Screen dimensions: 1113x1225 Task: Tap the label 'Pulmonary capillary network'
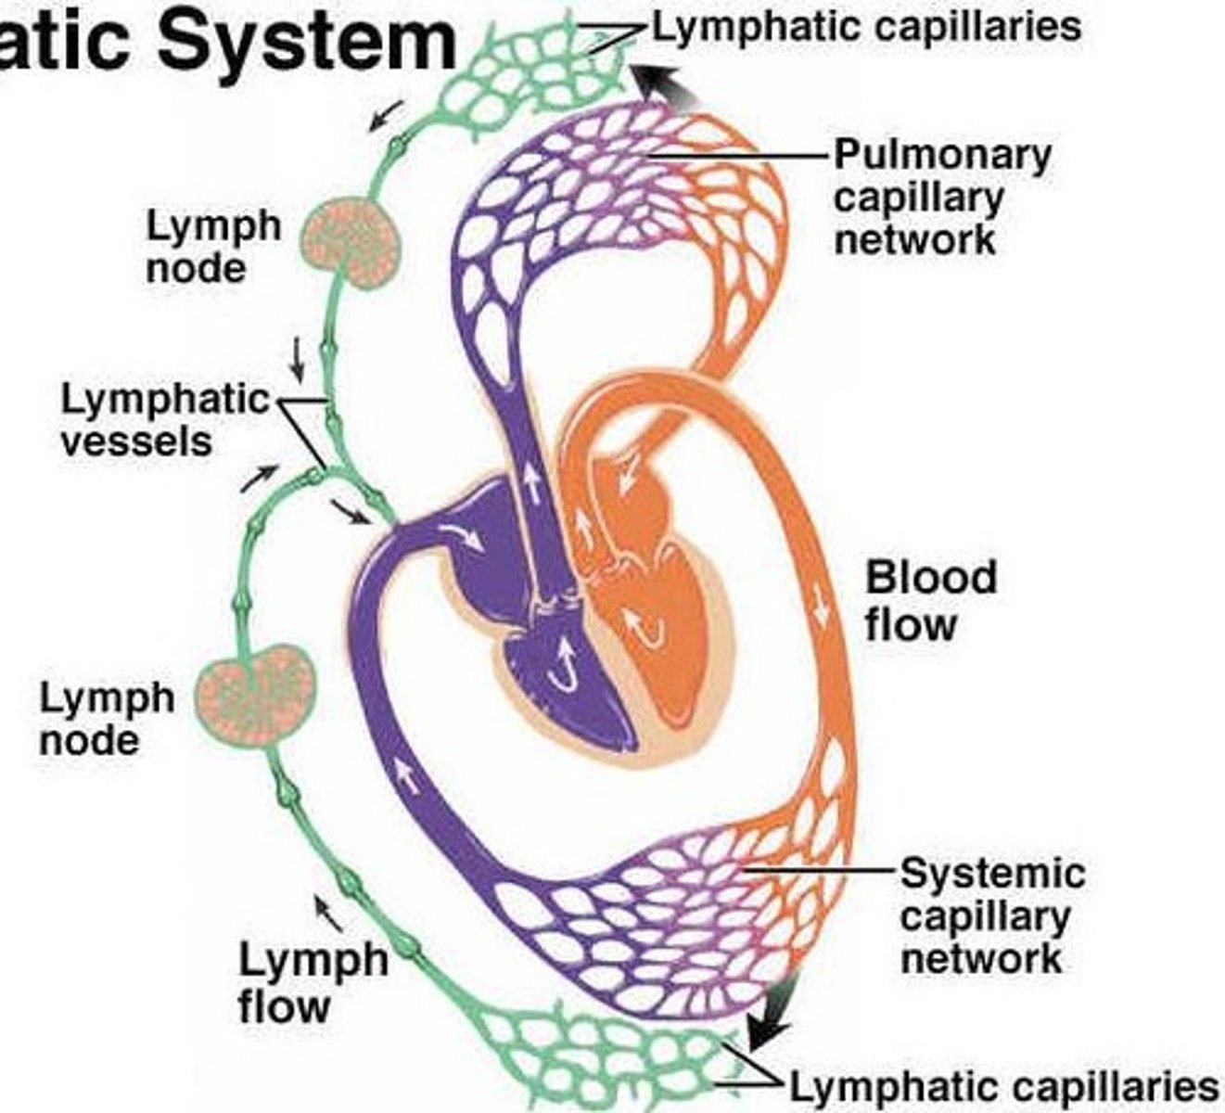tap(941, 197)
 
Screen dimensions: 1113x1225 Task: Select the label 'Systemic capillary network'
tap(991, 915)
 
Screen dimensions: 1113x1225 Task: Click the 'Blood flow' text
tap(930, 600)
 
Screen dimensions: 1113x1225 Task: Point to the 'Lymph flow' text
tap(313, 982)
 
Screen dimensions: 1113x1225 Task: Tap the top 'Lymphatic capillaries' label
tap(867, 26)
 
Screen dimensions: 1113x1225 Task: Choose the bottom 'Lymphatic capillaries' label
tap(1002, 1086)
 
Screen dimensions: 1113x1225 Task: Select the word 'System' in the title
tap(306, 39)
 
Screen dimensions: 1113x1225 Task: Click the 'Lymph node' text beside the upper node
tap(213, 247)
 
